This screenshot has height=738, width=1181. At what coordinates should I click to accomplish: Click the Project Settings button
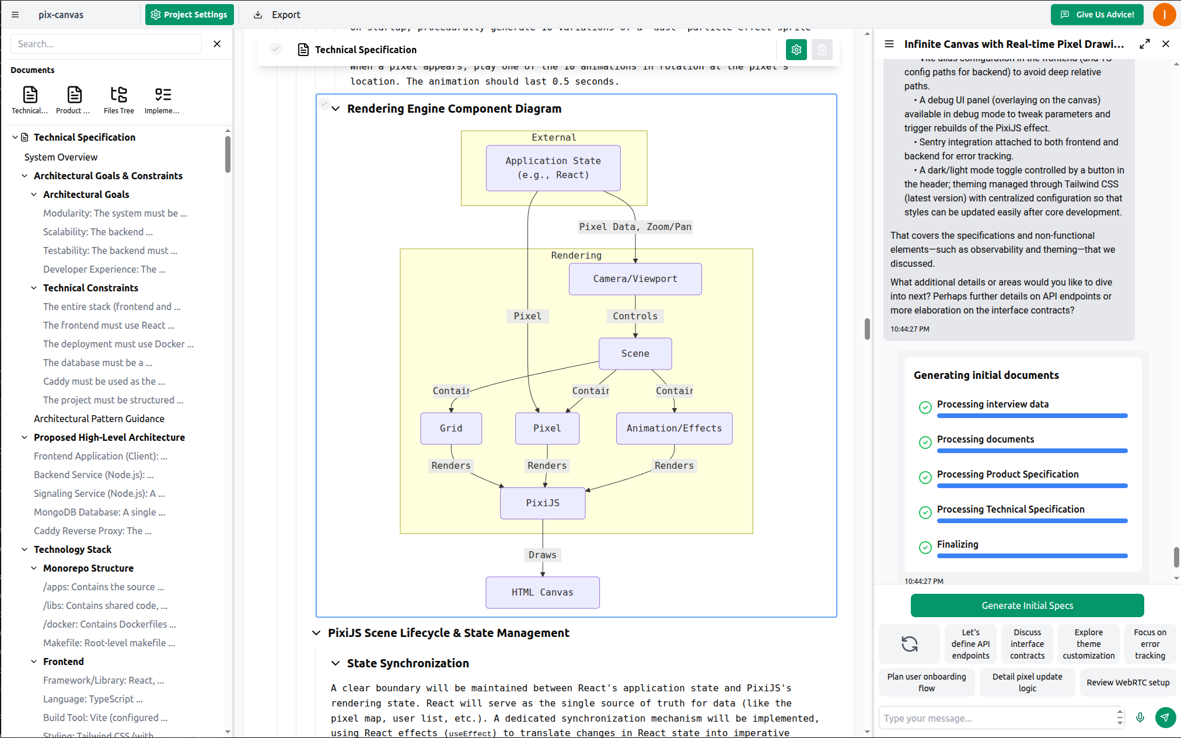pos(189,15)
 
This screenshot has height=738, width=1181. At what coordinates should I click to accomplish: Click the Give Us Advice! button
pos(1098,15)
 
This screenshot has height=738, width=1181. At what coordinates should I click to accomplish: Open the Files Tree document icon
pos(118,100)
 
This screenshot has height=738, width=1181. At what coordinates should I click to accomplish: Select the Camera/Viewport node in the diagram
pos(635,279)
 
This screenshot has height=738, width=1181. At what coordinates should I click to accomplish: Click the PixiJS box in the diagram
pos(543,503)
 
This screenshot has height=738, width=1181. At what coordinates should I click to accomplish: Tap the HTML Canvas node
pos(542,593)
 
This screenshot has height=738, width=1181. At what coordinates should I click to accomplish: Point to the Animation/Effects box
pos(674,429)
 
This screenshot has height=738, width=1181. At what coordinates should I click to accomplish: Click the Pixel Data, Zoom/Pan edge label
pos(635,227)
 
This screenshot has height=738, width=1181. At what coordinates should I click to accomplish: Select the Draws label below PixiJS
pos(542,555)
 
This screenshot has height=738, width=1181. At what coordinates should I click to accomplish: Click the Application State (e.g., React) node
pos(553,168)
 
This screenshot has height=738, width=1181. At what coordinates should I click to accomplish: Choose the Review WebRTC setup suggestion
pos(1127,683)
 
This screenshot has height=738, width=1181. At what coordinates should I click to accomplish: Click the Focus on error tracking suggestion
pos(1149,644)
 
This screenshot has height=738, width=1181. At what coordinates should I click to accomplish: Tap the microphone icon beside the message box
pos(1140,718)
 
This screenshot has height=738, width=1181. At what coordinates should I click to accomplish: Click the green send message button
pos(1165,718)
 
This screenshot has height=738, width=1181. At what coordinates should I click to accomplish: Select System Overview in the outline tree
pos(61,157)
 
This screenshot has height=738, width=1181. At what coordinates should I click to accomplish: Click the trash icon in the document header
pos(822,50)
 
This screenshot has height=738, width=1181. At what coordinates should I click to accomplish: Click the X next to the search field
pos(217,44)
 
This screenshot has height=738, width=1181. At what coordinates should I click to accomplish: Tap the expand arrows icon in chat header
pos(1144,44)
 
